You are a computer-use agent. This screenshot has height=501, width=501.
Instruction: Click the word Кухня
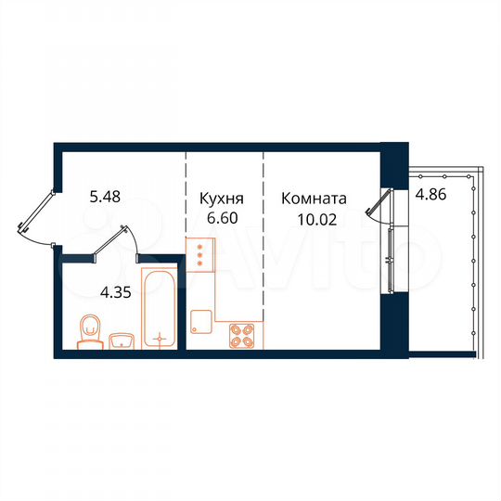point(223,199)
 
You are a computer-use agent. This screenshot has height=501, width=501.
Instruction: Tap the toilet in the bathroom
point(90,329)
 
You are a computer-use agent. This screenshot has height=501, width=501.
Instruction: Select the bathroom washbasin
point(122,340)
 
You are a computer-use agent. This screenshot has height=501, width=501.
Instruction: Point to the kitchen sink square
point(200,321)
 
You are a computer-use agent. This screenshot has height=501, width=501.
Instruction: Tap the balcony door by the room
point(377,206)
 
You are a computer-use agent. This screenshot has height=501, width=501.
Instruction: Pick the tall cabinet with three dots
point(199,253)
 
